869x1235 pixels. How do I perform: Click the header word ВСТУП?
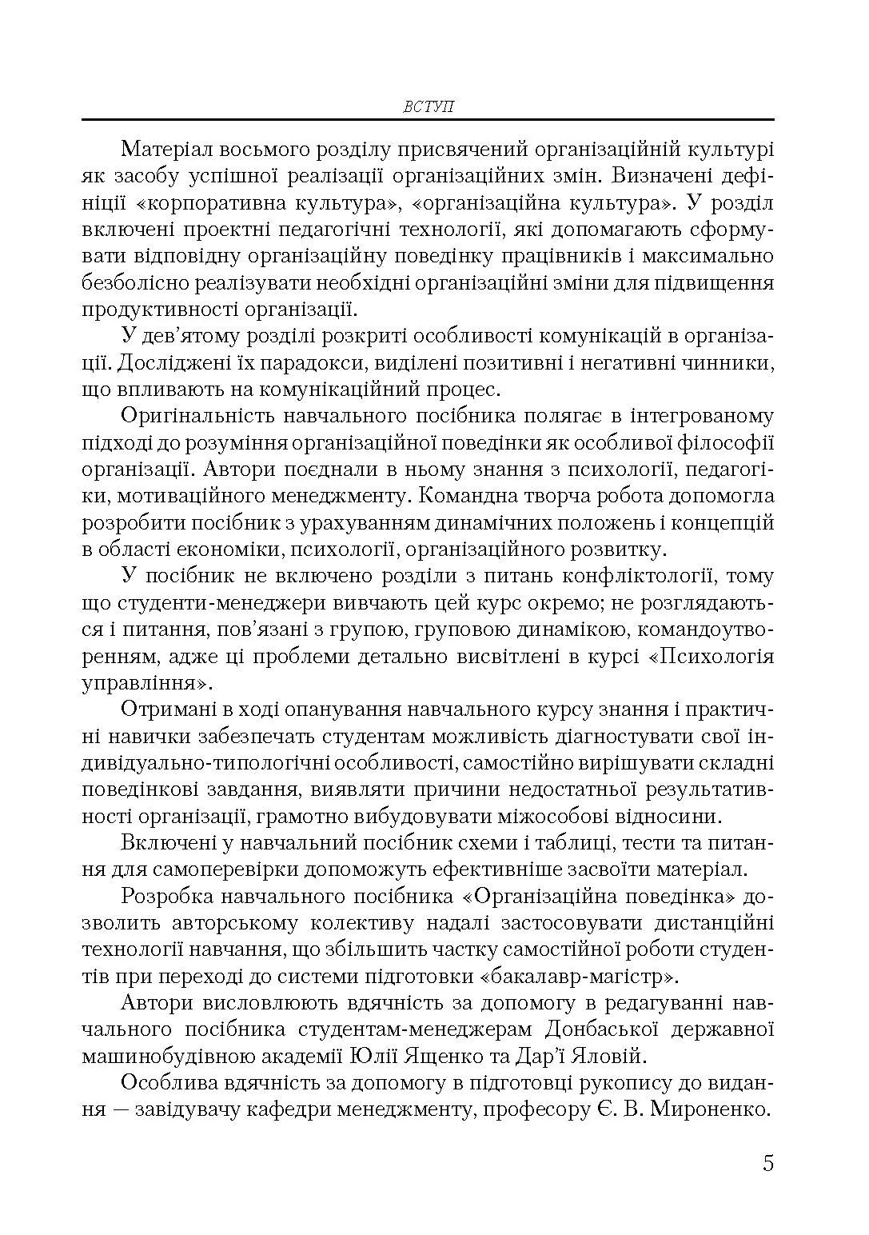pos(429,106)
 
